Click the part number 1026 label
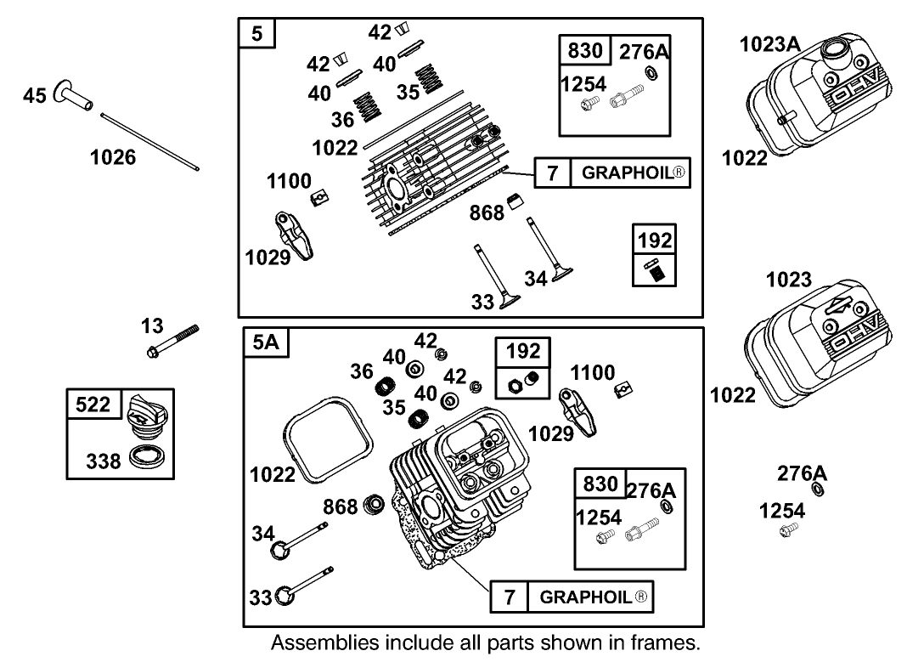113,157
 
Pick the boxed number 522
93,405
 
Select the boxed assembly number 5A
266,343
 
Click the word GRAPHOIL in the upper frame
629,173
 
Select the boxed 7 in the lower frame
510,597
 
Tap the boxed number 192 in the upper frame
655,240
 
